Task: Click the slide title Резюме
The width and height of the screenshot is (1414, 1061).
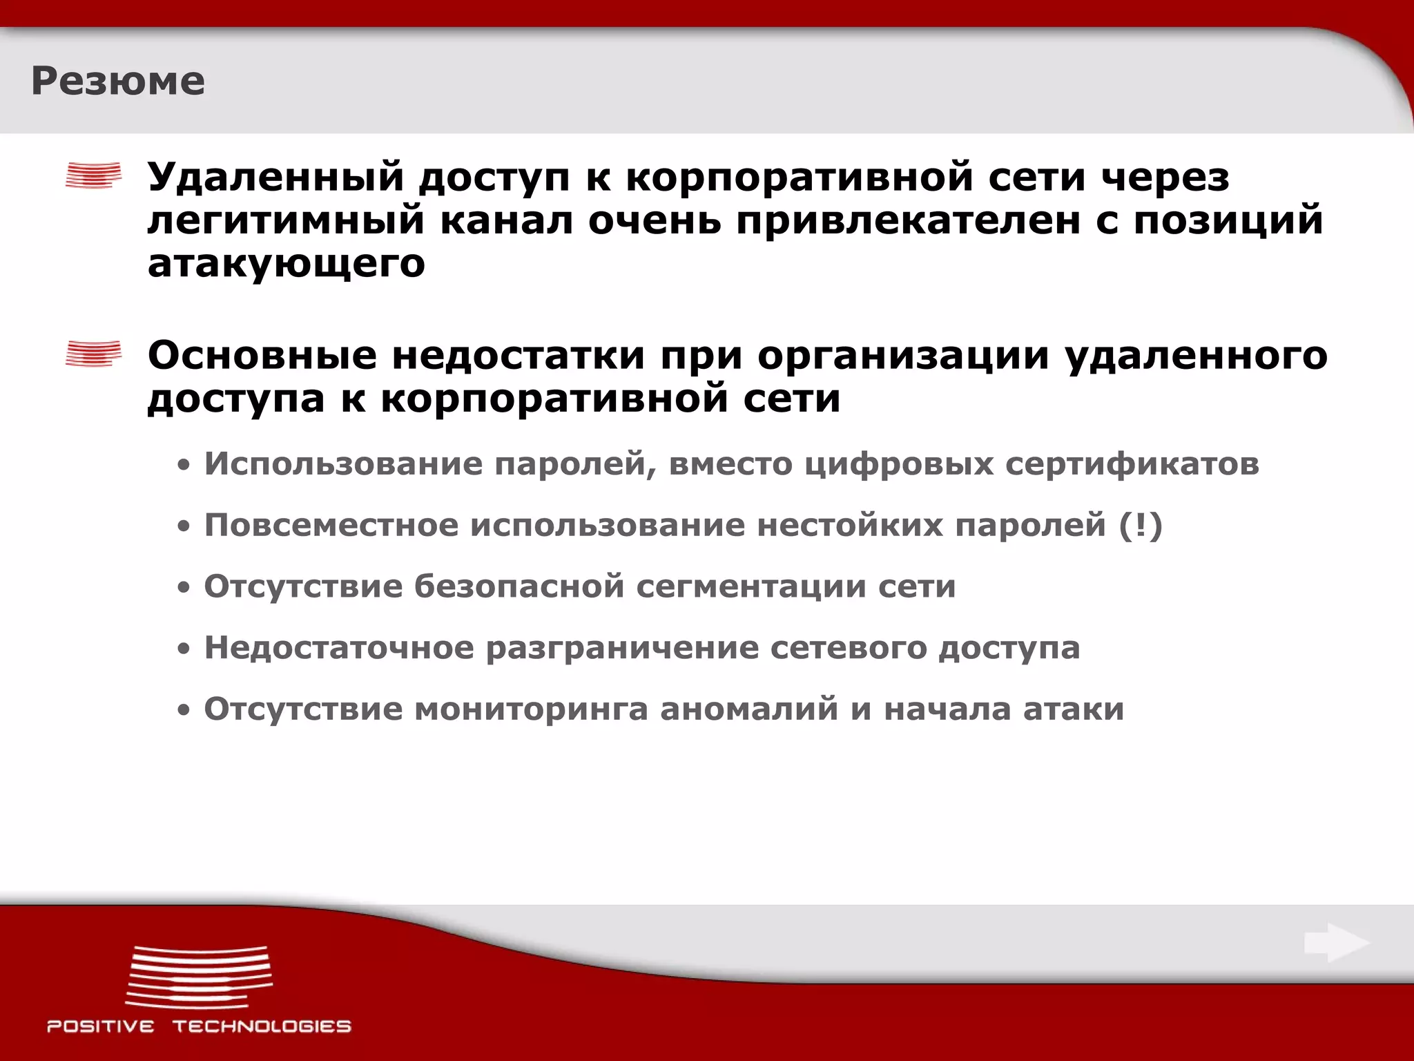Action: (118, 82)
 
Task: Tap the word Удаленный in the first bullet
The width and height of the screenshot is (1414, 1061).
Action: (275, 177)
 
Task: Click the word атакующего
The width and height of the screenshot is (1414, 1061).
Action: (286, 264)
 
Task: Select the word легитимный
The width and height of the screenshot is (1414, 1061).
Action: (286, 221)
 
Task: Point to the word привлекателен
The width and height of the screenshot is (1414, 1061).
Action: (907, 221)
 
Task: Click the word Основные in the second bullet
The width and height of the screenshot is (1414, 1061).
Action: (262, 356)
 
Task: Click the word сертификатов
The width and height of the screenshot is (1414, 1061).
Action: (1132, 463)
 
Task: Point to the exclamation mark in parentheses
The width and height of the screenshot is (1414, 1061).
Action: (1141, 525)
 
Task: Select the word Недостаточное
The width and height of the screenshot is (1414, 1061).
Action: (339, 648)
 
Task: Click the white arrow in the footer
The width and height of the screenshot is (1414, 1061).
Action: (1337, 943)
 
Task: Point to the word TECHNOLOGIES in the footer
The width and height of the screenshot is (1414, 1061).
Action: (262, 1026)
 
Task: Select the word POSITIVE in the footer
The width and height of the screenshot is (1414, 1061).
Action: (101, 1026)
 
